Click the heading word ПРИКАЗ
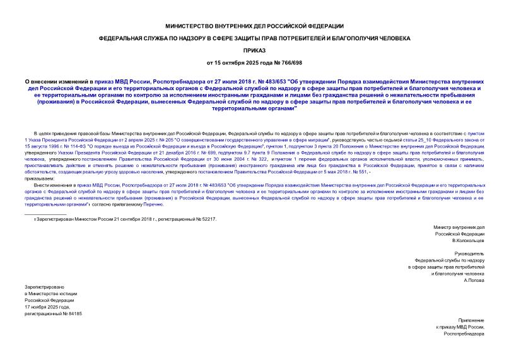tap(254, 50)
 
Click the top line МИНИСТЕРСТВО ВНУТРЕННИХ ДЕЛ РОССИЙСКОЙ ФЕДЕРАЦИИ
tap(254, 26)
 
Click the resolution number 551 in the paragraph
tap(359, 171)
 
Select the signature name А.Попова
tap(474, 280)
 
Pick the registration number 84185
tap(74, 313)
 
